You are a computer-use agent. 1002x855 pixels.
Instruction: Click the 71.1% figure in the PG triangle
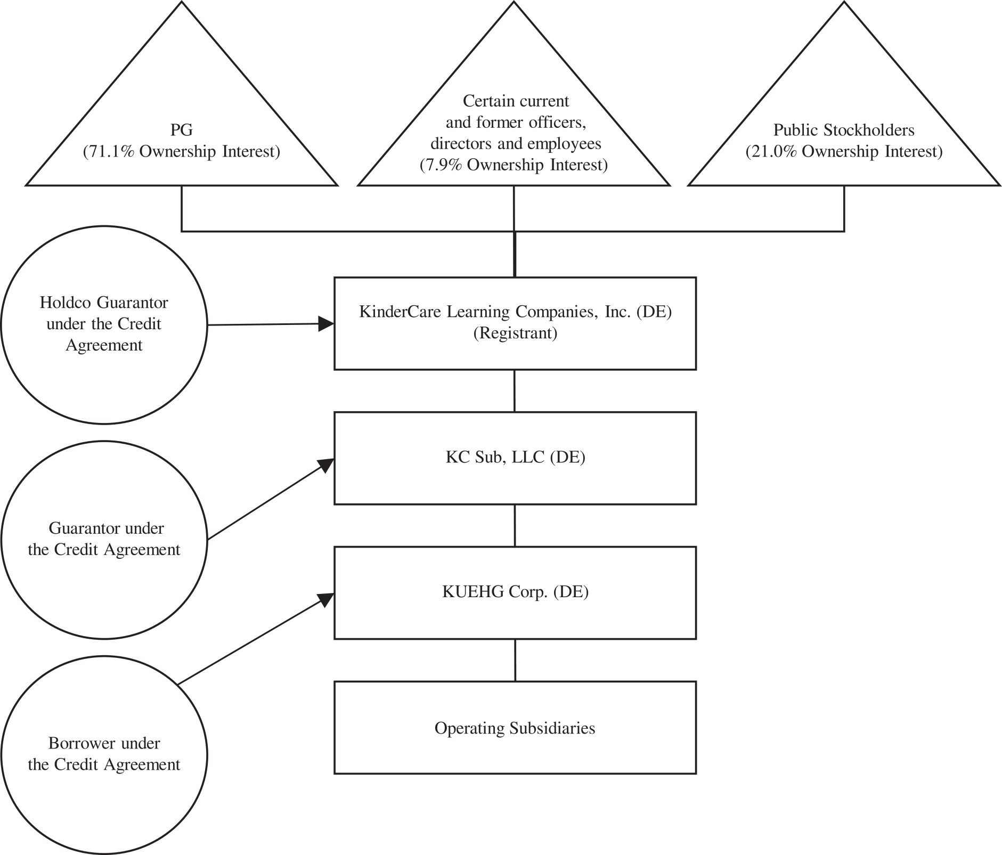point(105,152)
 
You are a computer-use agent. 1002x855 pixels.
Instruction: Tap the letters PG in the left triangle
point(182,130)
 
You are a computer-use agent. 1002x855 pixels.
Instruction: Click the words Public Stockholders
point(844,130)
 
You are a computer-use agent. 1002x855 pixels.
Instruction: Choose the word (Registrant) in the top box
point(515,333)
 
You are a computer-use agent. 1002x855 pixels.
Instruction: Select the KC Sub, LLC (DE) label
point(515,458)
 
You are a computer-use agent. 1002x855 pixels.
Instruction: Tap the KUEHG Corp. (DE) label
point(515,592)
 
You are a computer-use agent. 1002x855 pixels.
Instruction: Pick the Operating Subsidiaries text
point(515,728)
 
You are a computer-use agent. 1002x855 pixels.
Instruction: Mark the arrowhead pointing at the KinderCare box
point(326,323)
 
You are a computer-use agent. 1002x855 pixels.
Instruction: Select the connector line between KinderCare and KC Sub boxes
point(515,390)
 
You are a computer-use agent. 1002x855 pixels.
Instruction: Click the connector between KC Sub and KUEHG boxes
point(515,525)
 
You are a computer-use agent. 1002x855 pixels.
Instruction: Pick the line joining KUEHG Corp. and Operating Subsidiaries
point(515,660)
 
